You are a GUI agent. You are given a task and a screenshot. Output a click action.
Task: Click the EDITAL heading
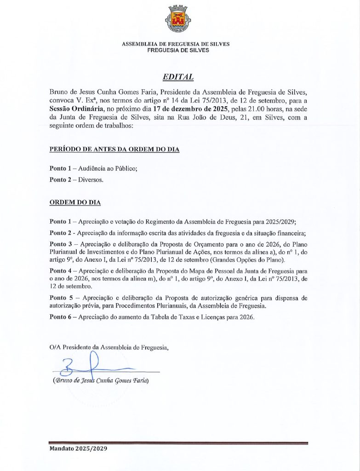(178, 77)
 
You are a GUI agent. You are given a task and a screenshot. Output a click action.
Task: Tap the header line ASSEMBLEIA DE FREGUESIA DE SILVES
(176, 44)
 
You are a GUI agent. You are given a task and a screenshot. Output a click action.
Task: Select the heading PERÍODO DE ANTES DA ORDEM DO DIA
(114, 149)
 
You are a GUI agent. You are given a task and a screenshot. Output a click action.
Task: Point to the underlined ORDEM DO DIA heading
(75, 202)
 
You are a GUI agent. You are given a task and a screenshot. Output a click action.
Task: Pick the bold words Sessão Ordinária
(75, 109)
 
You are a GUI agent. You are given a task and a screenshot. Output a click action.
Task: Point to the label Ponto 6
(61, 318)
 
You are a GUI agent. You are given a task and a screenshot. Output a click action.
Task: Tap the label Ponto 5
(61, 298)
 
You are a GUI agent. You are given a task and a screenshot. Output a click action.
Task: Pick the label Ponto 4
(61, 270)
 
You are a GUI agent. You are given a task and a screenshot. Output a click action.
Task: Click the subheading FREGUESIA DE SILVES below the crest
(178, 50)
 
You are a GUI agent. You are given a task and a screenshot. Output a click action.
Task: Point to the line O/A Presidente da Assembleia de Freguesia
(109, 347)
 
